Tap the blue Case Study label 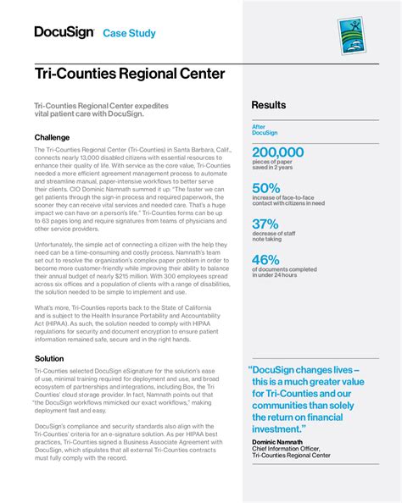point(129,33)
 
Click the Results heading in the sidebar point(268,105)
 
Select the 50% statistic point(265,188)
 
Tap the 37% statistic point(265,224)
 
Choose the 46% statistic point(265,259)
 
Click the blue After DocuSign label point(265,130)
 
